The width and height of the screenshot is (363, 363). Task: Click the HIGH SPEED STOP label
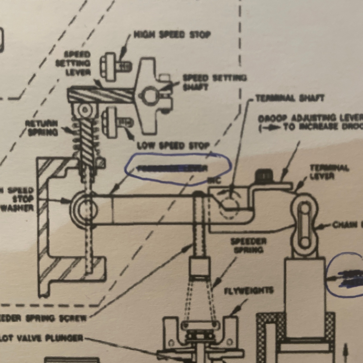pos(172,35)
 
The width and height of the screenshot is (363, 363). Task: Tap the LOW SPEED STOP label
pos(173,146)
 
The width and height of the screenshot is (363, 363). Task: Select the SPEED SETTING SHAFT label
pos(214,82)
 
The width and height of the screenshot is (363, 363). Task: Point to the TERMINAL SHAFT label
pos(290,98)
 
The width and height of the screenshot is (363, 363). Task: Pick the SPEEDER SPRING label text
pos(248,245)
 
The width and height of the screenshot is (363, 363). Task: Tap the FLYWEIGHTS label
pos(248,291)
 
